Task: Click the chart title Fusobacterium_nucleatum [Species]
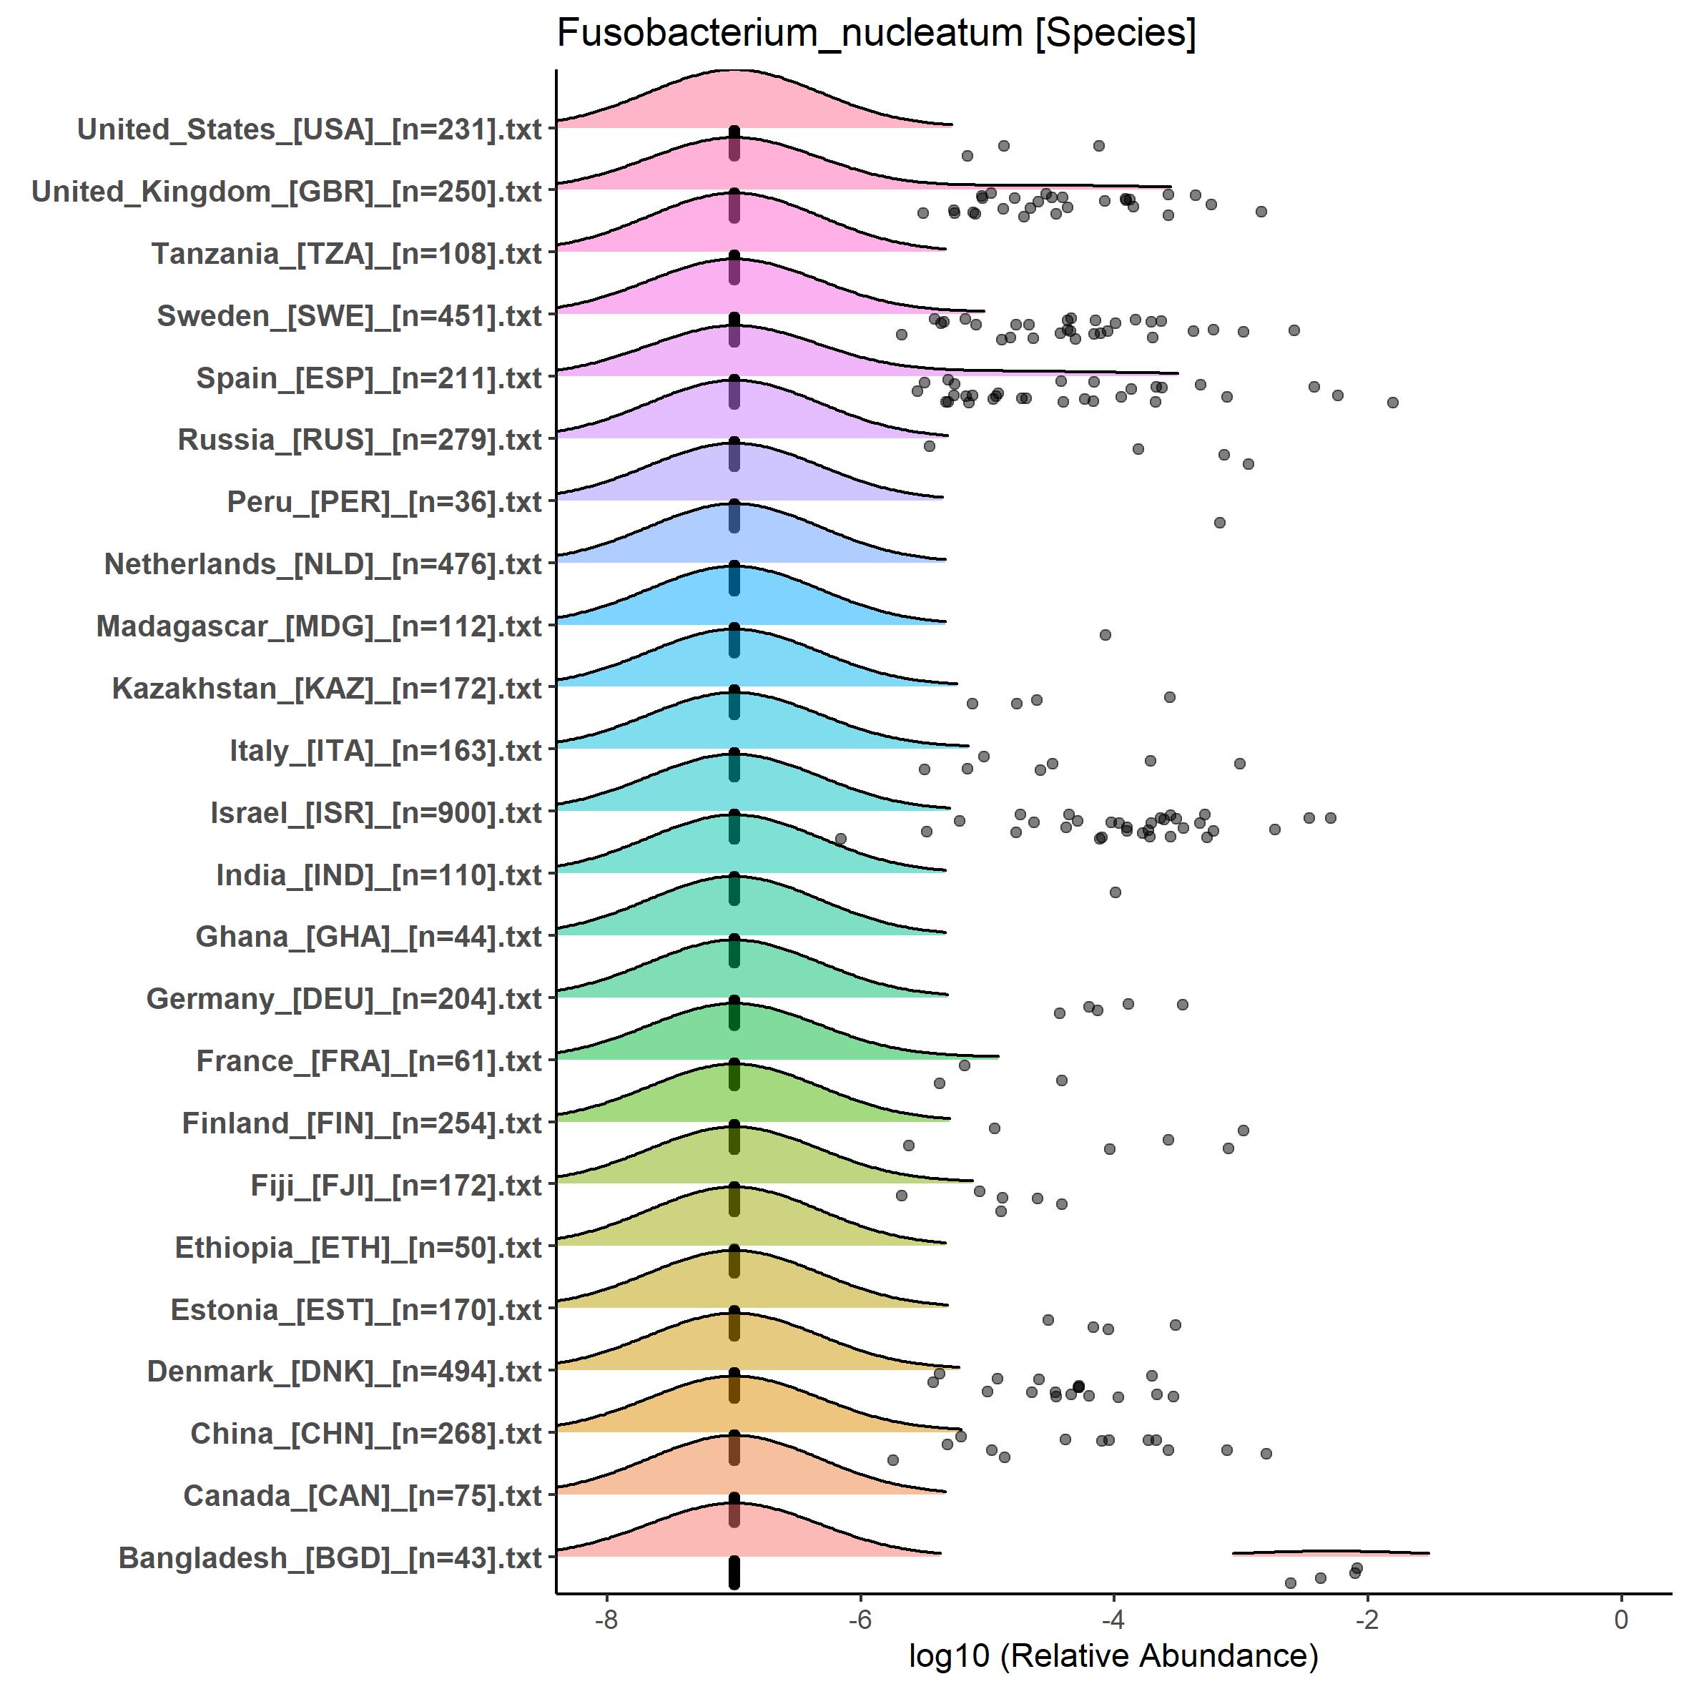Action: (876, 35)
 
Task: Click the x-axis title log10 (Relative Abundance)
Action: (1113, 1655)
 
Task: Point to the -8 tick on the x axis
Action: (606, 1619)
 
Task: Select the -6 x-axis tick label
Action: (860, 1619)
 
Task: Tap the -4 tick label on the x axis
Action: (1114, 1619)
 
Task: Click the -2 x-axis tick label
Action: (1367, 1619)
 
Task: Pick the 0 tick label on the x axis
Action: (1622, 1619)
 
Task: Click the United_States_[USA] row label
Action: (310, 129)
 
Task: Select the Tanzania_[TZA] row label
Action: (347, 254)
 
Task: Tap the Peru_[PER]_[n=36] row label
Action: (385, 502)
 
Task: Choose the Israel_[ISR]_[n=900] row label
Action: (376, 813)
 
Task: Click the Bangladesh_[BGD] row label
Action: (330, 1558)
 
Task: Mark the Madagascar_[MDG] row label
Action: (319, 627)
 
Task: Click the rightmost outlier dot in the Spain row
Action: (1393, 402)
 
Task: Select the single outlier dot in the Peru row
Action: (1219, 523)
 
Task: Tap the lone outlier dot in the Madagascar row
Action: (1105, 635)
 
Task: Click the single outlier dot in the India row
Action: (1115, 892)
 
